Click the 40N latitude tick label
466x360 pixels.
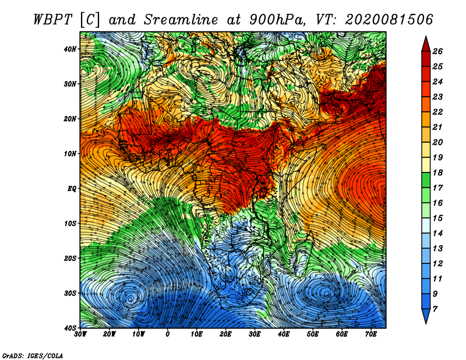click(70, 49)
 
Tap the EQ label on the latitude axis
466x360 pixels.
click(72, 189)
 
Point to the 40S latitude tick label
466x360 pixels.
click(70, 328)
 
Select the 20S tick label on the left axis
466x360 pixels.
click(70, 258)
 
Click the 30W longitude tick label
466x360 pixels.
click(80, 334)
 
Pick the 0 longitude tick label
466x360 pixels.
click(168, 334)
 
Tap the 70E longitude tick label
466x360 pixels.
click(371, 334)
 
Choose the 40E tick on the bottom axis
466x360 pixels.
click(284, 334)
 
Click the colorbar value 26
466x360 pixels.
click(437, 51)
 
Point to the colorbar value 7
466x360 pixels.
click(435, 309)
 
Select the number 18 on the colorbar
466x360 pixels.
click(437, 172)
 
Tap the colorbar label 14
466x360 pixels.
click(437, 234)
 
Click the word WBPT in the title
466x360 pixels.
click(53, 20)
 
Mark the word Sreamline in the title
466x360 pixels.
click(181, 20)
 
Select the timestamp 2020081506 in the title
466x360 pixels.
click(389, 20)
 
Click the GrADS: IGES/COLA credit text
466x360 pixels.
click(33, 355)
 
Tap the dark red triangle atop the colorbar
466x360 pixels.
click(426, 45)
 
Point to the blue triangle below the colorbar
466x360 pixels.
click(426, 315)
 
